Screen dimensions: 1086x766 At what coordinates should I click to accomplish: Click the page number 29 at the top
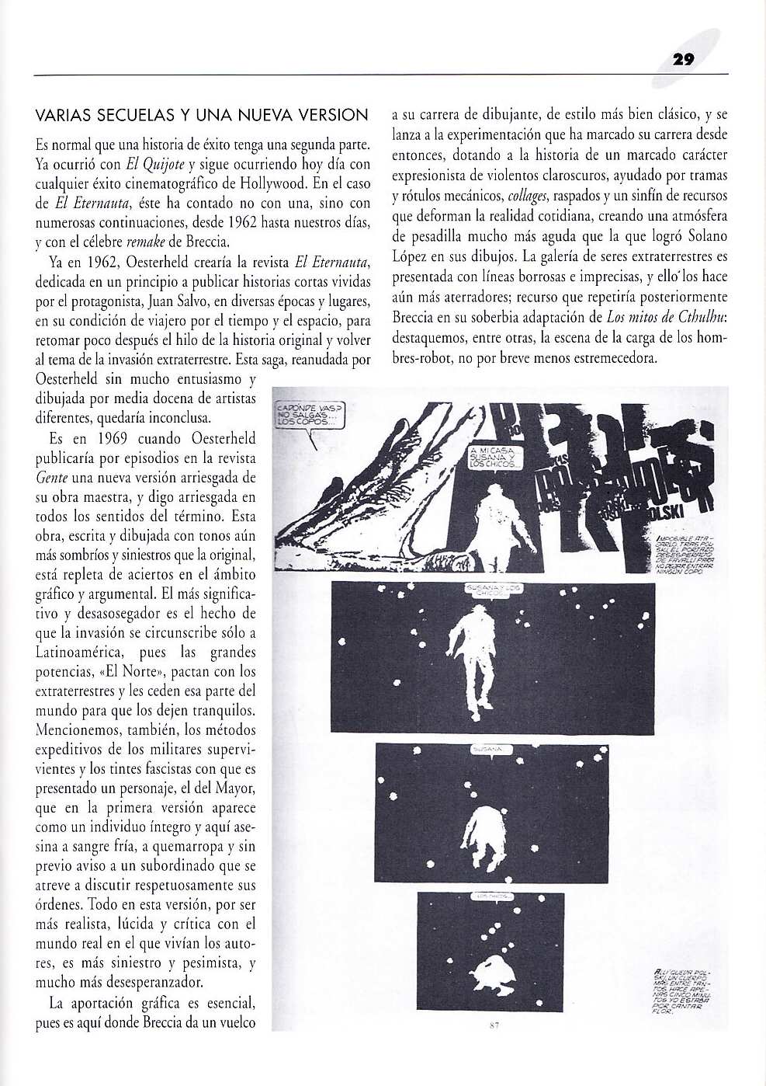[683, 59]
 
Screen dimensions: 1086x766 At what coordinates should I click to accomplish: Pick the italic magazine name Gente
[51, 478]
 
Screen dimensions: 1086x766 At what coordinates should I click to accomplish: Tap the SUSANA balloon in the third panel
[489, 750]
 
